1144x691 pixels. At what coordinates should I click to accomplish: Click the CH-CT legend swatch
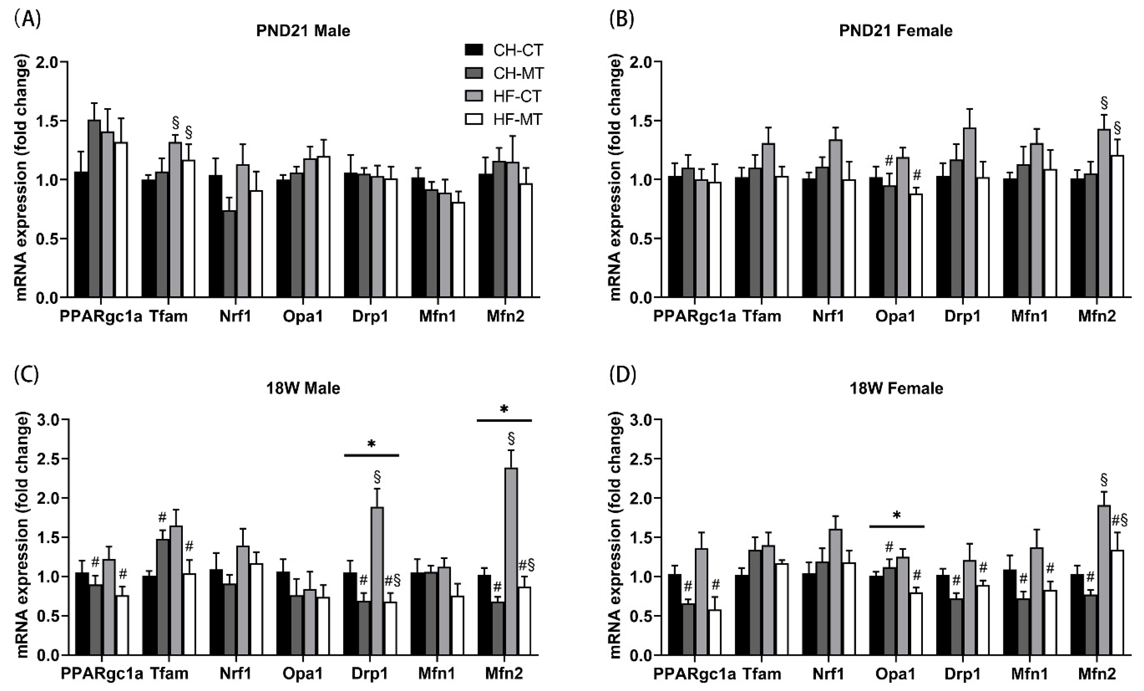(474, 50)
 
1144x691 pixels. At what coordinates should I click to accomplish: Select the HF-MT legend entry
(517, 120)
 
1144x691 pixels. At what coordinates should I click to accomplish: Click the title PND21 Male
(303, 31)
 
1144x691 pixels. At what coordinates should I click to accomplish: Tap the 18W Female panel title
(896, 388)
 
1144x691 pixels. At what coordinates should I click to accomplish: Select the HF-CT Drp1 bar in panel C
(377, 580)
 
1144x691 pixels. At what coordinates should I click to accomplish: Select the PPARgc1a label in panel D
(695, 673)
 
